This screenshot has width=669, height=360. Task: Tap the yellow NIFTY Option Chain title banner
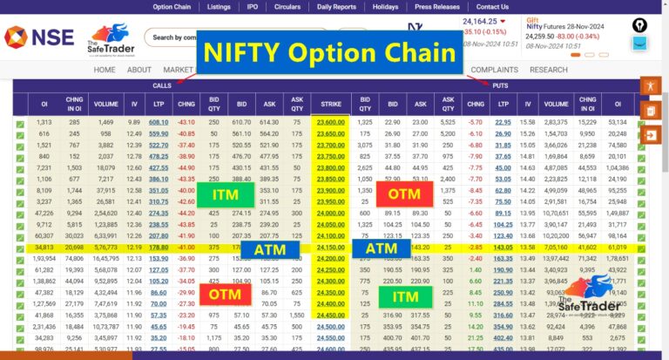click(x=329, y=52)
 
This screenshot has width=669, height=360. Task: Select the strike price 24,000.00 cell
click(x=331, y=213)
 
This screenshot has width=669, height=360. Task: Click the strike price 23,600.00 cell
click(x=331, y=122)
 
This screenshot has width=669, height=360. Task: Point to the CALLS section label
click(x=162, y=85)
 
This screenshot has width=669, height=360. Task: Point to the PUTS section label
click(x=501, y=85)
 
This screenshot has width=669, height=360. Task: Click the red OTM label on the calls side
click(x=226, y=295)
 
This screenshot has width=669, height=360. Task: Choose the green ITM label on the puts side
click(x=403, y=297)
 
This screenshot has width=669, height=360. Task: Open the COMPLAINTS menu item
click(x=494, y=70)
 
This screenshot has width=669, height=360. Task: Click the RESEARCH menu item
click(x=548, y=70)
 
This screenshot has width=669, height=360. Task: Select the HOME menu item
click(x=105, y=70)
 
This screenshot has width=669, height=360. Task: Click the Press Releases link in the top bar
click(x=436, y=7)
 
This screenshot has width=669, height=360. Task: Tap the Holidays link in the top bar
click(x=384, y=7)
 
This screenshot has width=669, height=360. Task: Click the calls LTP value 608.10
click(x=159, y=122)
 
